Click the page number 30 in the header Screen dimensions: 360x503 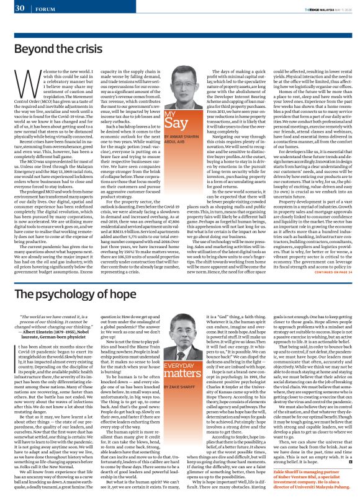click(18, 8)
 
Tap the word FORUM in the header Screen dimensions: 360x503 click(44, 9)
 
